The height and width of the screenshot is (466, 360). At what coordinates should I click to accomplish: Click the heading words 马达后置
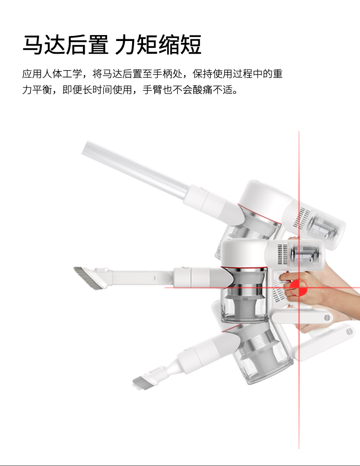pyautogui.click(x=66, y=45)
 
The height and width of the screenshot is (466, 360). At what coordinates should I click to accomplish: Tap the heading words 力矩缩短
pyautogui.click(x=158, y=45)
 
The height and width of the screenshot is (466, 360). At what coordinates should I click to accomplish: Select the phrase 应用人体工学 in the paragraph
pyautogui.click(x=52, y=74)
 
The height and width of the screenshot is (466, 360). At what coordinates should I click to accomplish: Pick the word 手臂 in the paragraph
pyautogui.click(x=153, y=89)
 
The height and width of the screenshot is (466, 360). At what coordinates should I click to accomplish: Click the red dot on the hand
pyautogui.click(x=298, y=288)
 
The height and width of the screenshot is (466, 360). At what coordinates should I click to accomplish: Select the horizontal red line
pyautogui.click(x=262, y=288)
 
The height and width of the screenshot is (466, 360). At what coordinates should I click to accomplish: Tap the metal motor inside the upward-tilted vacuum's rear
pyautogui.click(x=323, y=227)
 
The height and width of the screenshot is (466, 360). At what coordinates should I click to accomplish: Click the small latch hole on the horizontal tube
pyautogui.click(x=155, y=278)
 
